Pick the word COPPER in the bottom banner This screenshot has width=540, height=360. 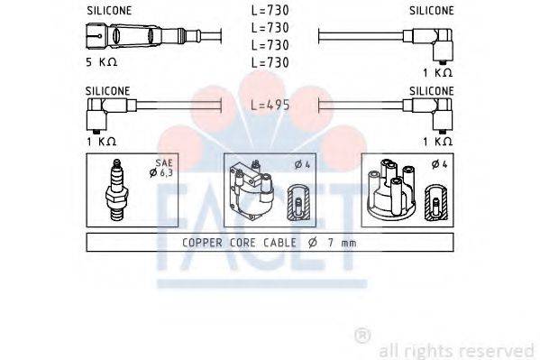tap(202, 243)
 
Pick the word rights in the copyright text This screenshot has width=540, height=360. tap(428, 350)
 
